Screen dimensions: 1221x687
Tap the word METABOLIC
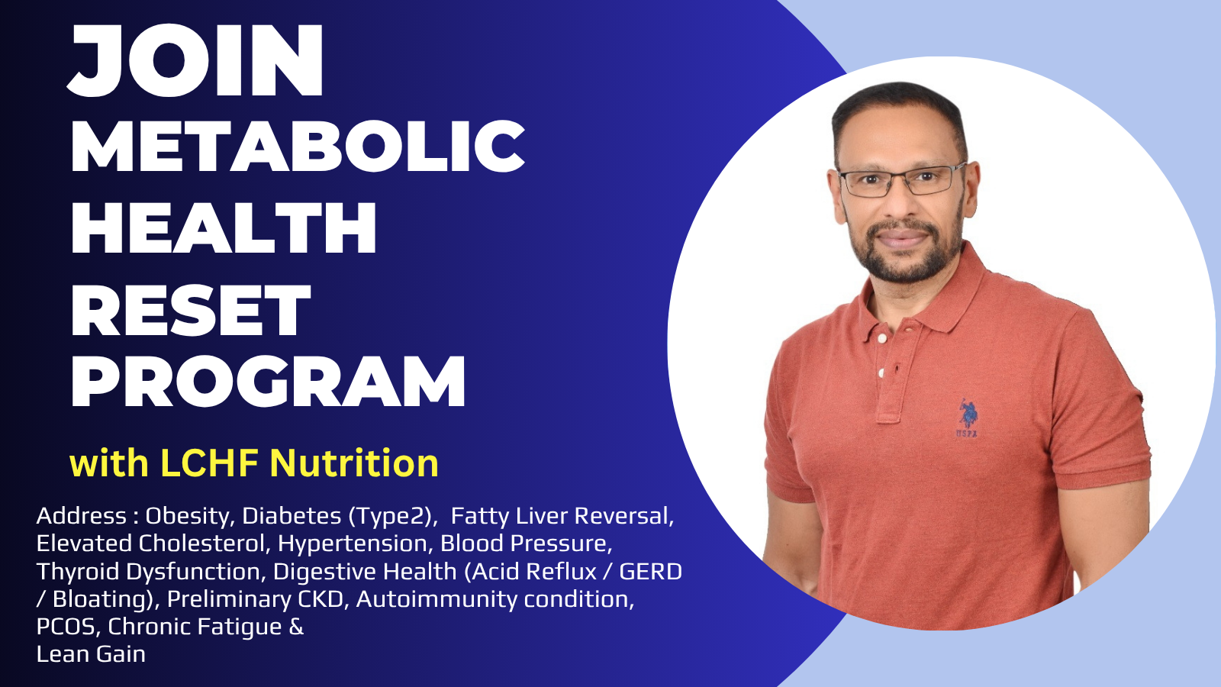pyautogui.click(x=298, y=146)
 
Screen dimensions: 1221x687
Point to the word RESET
pyautogui.click(x=191, y=310)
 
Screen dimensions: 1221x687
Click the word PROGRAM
pyautogui.click(x=268, y=381)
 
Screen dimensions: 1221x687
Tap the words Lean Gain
pyautogui.click(x=91, y=654)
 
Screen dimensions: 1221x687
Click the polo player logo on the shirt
pyautogui.click(x=967, y=416)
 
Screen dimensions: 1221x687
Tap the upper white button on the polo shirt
pyautogui.click(x=882, y=339)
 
